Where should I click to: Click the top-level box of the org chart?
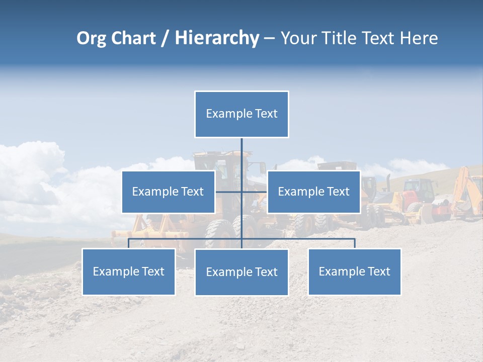coord(242,114)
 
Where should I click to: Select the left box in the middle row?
coord(168,192)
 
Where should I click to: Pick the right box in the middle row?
coord(313,192)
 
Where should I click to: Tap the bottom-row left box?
coord(128,272)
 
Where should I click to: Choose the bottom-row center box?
coord(242,273)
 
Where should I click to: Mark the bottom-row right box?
coord(354,272)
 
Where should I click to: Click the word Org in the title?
coord(91,39)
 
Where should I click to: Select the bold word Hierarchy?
coord(217,39)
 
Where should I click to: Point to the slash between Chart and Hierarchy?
coord(166,39)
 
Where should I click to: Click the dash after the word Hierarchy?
coord(269,39)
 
